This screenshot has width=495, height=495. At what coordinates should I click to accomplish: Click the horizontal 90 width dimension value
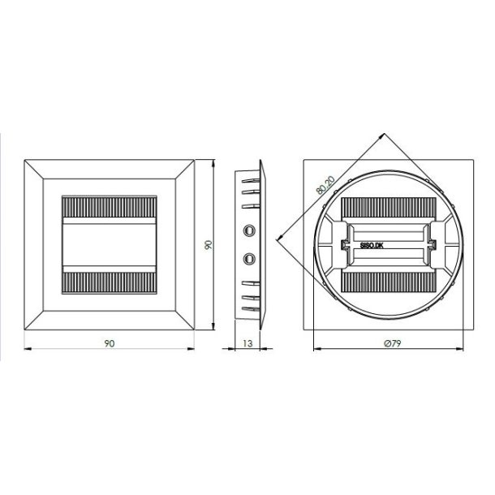[x=109, y=343]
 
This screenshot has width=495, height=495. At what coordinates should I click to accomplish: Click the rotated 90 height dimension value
[x=209, y=244]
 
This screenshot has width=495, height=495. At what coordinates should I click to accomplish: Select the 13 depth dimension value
[x=247, y=343]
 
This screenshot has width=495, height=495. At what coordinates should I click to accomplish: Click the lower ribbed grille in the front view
[x=109, y=282]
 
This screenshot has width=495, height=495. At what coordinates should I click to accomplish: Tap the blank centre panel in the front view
[x=109, y=245]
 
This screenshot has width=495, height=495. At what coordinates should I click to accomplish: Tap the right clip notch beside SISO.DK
[x=433, y=244]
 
